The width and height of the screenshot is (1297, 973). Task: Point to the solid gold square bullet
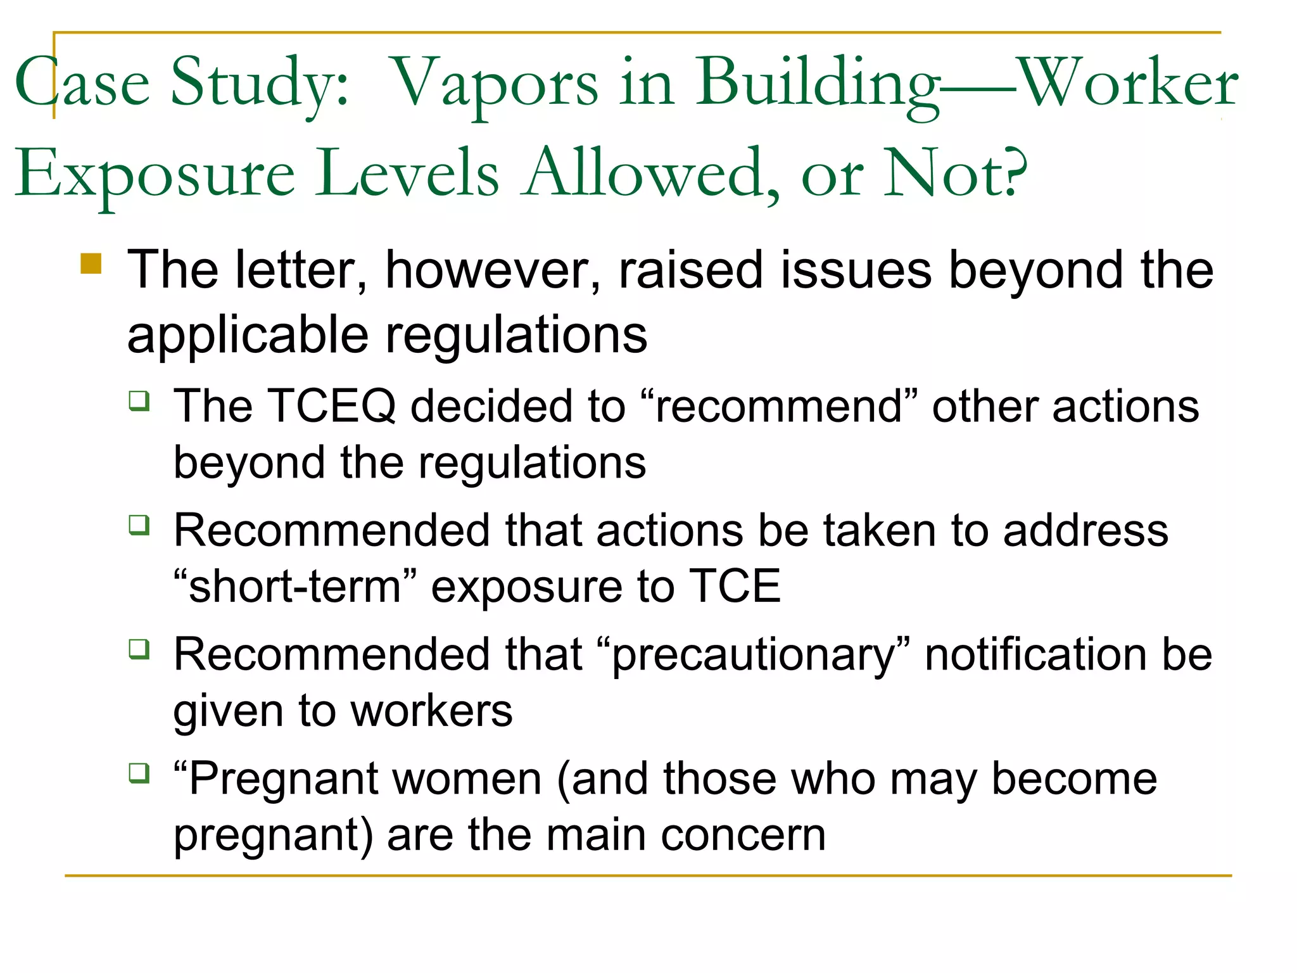(91, 263)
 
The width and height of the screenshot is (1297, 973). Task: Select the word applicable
(248, 336)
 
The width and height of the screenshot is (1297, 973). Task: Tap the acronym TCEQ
(332, 406)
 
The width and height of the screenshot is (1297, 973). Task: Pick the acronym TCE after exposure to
(734, 586)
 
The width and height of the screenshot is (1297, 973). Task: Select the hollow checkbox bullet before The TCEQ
(139, 401)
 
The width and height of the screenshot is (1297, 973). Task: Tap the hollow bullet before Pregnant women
(139, 773)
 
